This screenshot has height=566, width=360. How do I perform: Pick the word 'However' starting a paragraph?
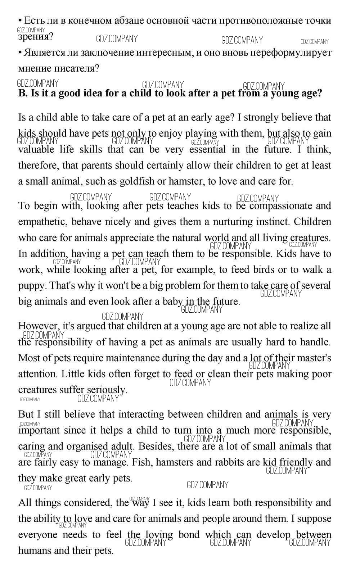39,326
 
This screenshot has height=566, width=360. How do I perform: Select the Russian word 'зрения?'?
35,37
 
